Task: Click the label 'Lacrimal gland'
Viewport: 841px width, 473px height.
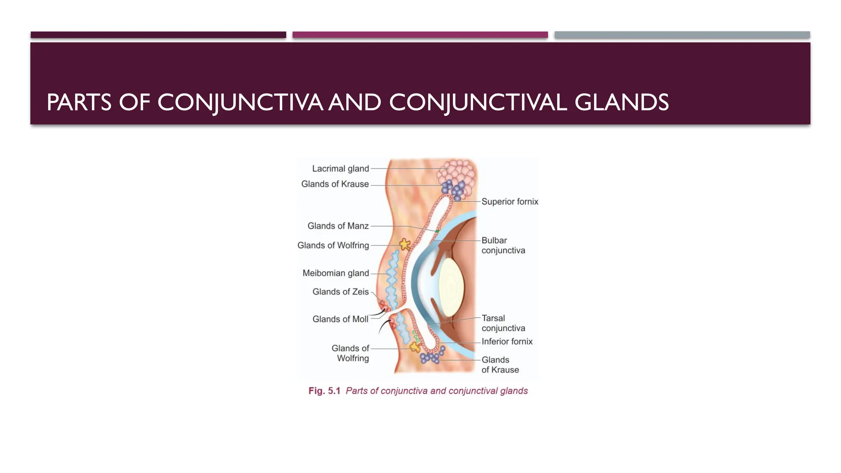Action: click(x=340, y=169)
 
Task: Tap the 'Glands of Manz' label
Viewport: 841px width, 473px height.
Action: click(x=338, y=226)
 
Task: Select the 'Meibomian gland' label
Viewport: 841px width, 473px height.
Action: click(x=335, y=273)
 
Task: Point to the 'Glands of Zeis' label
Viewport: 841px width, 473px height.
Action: click(x=340, y=292)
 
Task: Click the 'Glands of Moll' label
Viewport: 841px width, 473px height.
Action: click(x=340, y=319)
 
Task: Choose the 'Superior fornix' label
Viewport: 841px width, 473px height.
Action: click(x=510, y=202)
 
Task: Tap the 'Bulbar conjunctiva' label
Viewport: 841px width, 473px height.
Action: click(x=503, y=245)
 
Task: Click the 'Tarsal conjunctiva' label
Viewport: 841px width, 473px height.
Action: click(x=503, y=323)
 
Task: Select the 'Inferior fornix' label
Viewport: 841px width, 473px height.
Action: click(x=507, y=341)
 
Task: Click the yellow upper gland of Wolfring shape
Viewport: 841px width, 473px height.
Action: click(x=405, y=245)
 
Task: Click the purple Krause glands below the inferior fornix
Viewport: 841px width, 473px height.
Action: click(x=431, y=357)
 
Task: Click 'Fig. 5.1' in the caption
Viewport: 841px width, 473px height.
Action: click(x=324, y=391)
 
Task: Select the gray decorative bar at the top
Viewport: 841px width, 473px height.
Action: click(x=682, y=35)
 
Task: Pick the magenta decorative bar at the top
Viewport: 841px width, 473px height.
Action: click(x=420, y=35)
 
